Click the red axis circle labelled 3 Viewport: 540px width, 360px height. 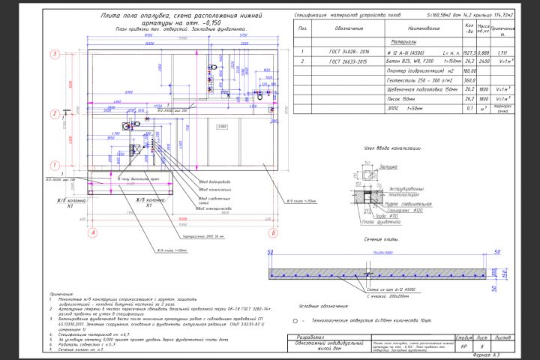coord(55,54)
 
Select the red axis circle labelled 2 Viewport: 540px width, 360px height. coord(55,113)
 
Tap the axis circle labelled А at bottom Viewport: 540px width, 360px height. coord(93,233)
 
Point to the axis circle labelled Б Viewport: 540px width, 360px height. coord(276,233)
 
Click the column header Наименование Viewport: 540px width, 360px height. coord(417,29)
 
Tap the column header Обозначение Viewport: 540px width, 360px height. coord(349,29)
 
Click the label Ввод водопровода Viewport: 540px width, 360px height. coord(213,181)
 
